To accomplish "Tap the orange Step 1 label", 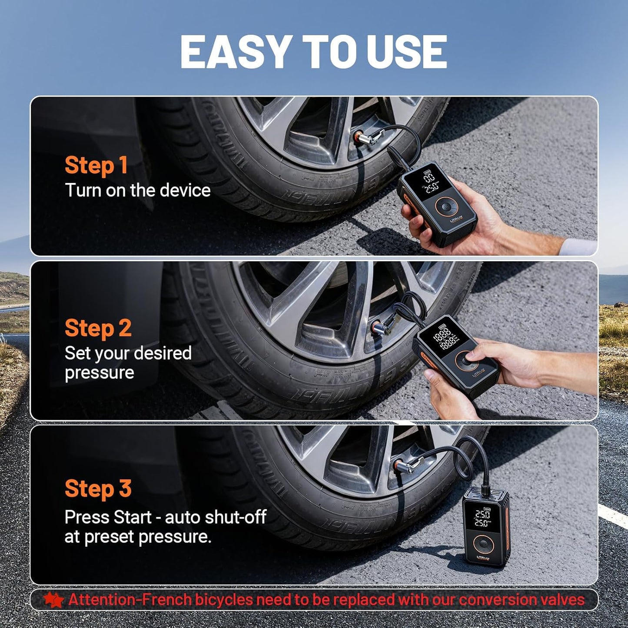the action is click(96, 165).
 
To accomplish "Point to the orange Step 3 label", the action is click(98, 488).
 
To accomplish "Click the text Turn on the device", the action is click(138, 190).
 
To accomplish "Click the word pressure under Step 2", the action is click(100, 372).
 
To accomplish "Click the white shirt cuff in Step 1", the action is click(578, 246).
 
